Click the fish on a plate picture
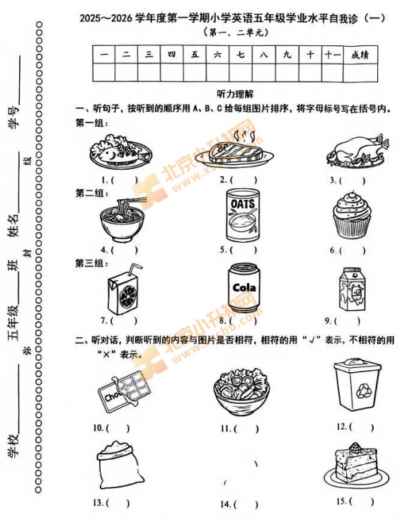point(120,150)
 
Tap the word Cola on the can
point(243,287)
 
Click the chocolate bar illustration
point(117,393)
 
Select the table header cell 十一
point(332,54)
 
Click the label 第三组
point(91,263)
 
